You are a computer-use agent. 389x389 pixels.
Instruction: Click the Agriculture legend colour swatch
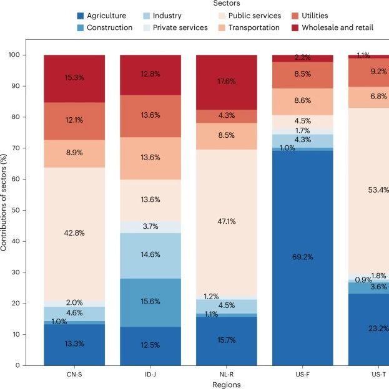coord(81,16)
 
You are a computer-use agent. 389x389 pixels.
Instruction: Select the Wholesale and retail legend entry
coord(332,27)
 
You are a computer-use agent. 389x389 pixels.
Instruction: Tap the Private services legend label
coord(180,27)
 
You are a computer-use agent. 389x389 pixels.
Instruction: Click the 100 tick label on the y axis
coord(14,55)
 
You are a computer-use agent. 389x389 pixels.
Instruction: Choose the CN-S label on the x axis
coord(74,375)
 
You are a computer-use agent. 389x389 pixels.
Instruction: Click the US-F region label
coord(302,375)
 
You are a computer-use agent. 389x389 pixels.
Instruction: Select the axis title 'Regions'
coord(227,385)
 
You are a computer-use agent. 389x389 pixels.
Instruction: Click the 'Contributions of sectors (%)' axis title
coord(4,203)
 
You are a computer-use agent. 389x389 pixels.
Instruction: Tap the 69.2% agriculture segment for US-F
coord(302,258)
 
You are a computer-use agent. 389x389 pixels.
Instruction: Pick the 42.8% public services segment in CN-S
coord(74,234)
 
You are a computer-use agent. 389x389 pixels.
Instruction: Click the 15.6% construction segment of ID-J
coord(150,303)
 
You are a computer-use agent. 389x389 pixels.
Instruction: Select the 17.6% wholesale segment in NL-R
coord(227,82)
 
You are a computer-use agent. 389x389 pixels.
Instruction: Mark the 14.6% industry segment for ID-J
coord(150,256)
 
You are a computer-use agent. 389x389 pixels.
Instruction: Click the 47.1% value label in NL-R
coord(227,221)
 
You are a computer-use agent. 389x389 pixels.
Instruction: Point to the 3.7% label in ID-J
coord(150,226)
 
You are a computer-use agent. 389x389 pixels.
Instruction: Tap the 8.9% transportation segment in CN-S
coord(74,153)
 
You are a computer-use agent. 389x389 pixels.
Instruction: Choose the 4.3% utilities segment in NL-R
coord(227,117)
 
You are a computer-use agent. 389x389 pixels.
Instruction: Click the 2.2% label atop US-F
coord(302,57)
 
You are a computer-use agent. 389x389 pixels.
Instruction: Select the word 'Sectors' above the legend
coord(227,3)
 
